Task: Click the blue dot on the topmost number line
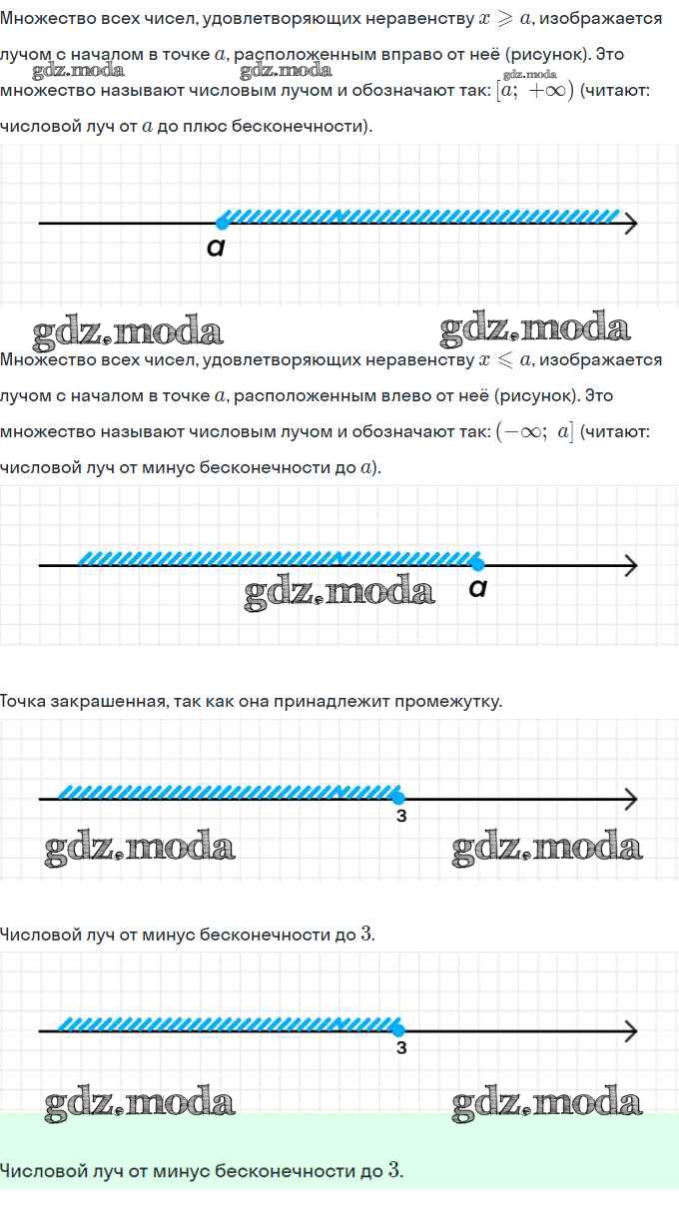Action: [222, 223]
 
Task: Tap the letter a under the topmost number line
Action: [216, 247]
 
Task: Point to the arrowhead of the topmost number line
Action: [631, 223]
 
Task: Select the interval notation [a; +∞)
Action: [535, 90]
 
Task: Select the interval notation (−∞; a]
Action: [535, 431]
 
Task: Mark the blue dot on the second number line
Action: [477, 564]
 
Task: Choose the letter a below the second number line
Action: [478, 588]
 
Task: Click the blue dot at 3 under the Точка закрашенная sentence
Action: [398, 798]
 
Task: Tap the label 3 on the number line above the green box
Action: [401, 1048]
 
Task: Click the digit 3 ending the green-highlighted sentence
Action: [394, 1170]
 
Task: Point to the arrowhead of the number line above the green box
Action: [631, 1031]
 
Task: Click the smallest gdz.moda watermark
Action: [530, 74]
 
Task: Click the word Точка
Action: [23, 702]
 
